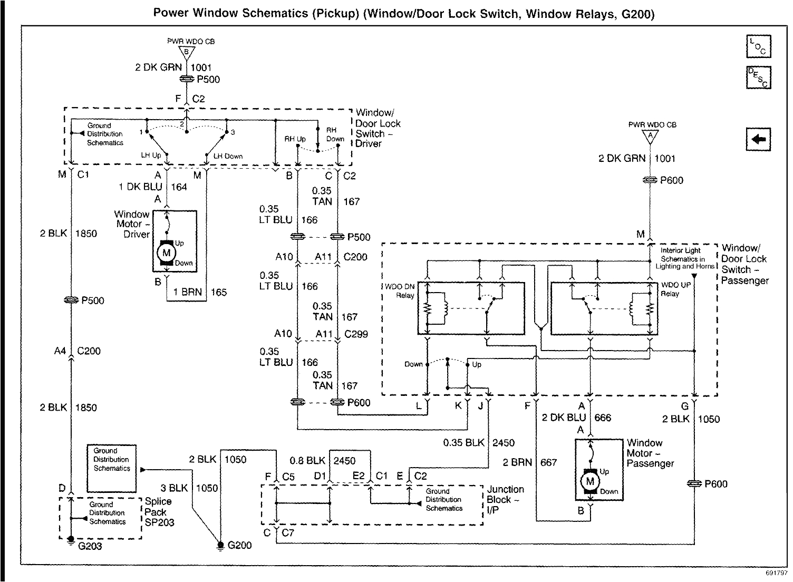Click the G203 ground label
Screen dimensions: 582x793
tap(90, 546)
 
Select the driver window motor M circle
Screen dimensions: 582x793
tap(167, 253)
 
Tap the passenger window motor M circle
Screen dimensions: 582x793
tap(590, 481)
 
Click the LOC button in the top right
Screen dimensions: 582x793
tap(758, 46)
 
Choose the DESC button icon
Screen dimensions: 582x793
tap(758, 77)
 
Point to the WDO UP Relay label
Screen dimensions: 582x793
tap(675, 289)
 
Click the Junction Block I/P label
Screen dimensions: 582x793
tap(505, 499)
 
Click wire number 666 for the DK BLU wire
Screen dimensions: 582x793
tap(603, 418)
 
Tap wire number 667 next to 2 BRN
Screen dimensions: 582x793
tap(548, 462)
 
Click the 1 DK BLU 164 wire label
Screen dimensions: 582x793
tap(153, 187)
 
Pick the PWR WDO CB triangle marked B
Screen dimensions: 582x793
tap(186, 52)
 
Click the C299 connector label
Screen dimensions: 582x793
tap(356, 334)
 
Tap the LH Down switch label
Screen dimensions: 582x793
tap(228, 156)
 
